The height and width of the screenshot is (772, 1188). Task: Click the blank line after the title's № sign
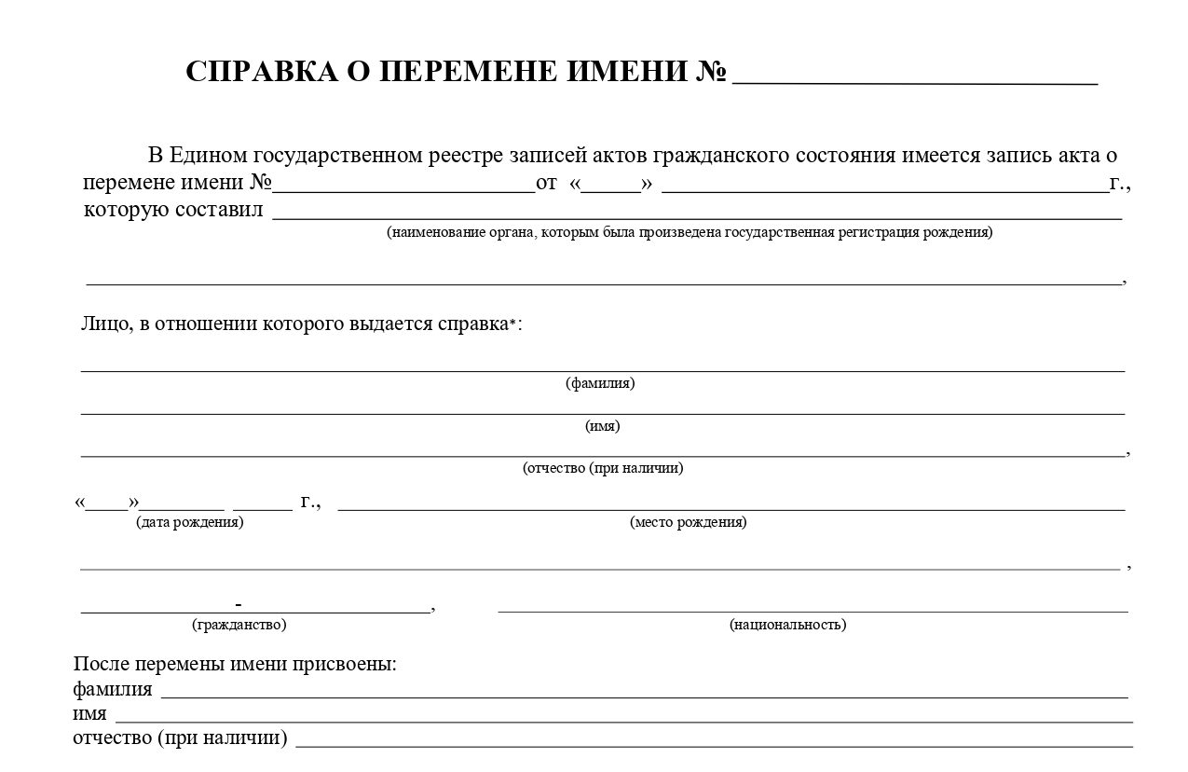pos(914,82)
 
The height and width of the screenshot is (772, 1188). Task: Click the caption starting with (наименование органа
pos(690,232)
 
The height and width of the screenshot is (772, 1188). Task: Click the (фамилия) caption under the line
pos(600,383)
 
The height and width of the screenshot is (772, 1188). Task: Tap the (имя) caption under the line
pos(602,426)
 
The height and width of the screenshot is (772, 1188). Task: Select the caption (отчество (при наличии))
pos(603,468)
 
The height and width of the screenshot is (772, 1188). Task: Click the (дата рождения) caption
pos(190,522)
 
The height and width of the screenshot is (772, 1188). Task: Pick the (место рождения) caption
pos(688,522)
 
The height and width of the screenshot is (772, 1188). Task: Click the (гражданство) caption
pos(239,625)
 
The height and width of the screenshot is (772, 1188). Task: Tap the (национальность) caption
pos(787,625)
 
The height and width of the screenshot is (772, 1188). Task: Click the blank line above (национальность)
pos(812,611)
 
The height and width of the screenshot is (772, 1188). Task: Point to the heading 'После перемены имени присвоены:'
pos(235,665)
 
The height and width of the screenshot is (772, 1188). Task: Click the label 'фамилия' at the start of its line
pos(113,690)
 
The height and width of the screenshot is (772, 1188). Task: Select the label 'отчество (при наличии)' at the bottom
pos(180,738)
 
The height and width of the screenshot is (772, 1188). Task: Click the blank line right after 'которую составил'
pos(696,217)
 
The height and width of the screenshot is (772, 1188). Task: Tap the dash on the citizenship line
pos(239,602)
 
